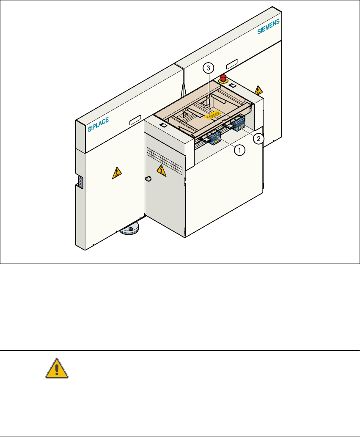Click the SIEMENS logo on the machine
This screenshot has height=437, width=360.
(x=269, y=26)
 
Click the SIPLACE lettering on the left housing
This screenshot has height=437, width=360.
(x=99, y=125)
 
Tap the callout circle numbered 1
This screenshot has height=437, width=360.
(x=239, y=149)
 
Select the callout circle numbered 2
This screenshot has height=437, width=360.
(x=258, y=137)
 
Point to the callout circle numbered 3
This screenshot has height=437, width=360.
(x=208, y=67)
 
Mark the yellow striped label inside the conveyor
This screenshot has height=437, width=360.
(x=214, y=115)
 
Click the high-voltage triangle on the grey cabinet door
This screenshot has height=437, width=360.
(x=161, y=170)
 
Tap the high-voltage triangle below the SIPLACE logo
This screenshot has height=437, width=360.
(x=116, y=173)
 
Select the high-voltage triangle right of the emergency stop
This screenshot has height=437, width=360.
(x=258, y=90)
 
